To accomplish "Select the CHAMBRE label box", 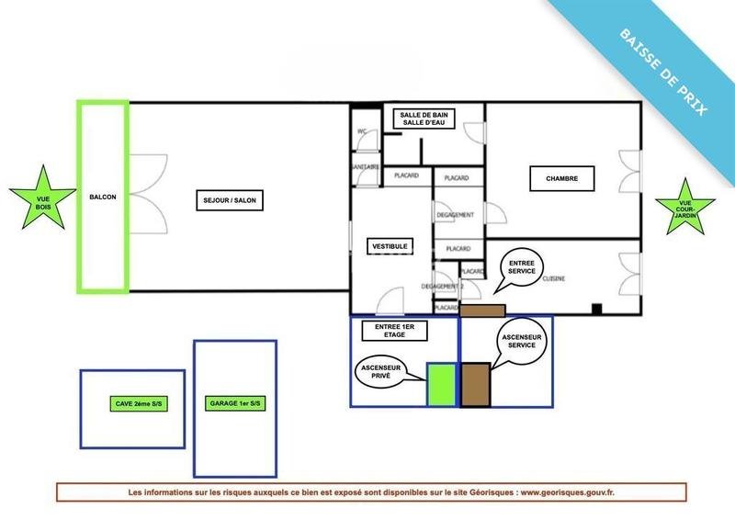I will [561, 178].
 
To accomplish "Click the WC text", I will [362, 131].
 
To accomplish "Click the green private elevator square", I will [442, 384].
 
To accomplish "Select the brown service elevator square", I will [475, 384].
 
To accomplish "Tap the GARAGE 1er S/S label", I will [235, 404].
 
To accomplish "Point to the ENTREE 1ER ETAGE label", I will [396, 332].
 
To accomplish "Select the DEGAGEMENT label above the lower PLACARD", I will [456, 215].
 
